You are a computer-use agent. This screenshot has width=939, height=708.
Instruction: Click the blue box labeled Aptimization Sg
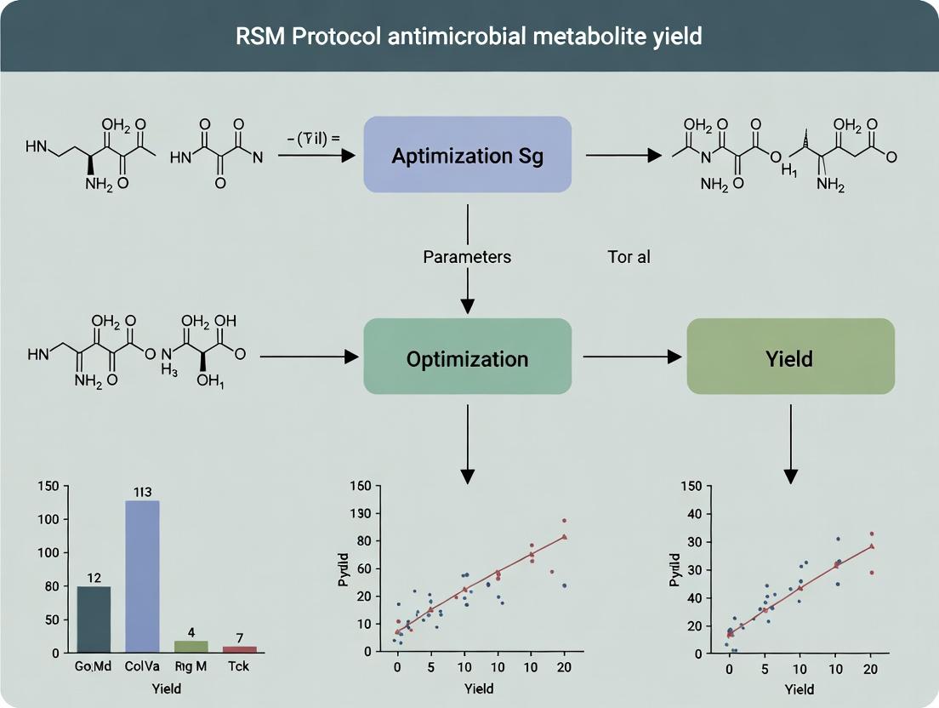467,155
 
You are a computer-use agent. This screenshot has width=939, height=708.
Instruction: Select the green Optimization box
467,358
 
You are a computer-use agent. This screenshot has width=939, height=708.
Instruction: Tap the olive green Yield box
790,358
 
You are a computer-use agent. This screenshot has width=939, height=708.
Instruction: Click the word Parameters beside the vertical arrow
467,256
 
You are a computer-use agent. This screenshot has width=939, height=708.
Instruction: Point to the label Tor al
629,256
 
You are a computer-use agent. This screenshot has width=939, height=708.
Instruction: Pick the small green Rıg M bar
191,646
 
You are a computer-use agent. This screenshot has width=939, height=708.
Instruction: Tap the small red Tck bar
239,648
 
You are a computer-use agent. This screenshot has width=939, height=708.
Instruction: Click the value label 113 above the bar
142,491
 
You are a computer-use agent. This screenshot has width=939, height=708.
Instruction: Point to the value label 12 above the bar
94,578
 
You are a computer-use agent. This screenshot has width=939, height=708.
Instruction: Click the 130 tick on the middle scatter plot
361,513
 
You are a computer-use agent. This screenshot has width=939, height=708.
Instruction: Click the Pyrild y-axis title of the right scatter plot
674,565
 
